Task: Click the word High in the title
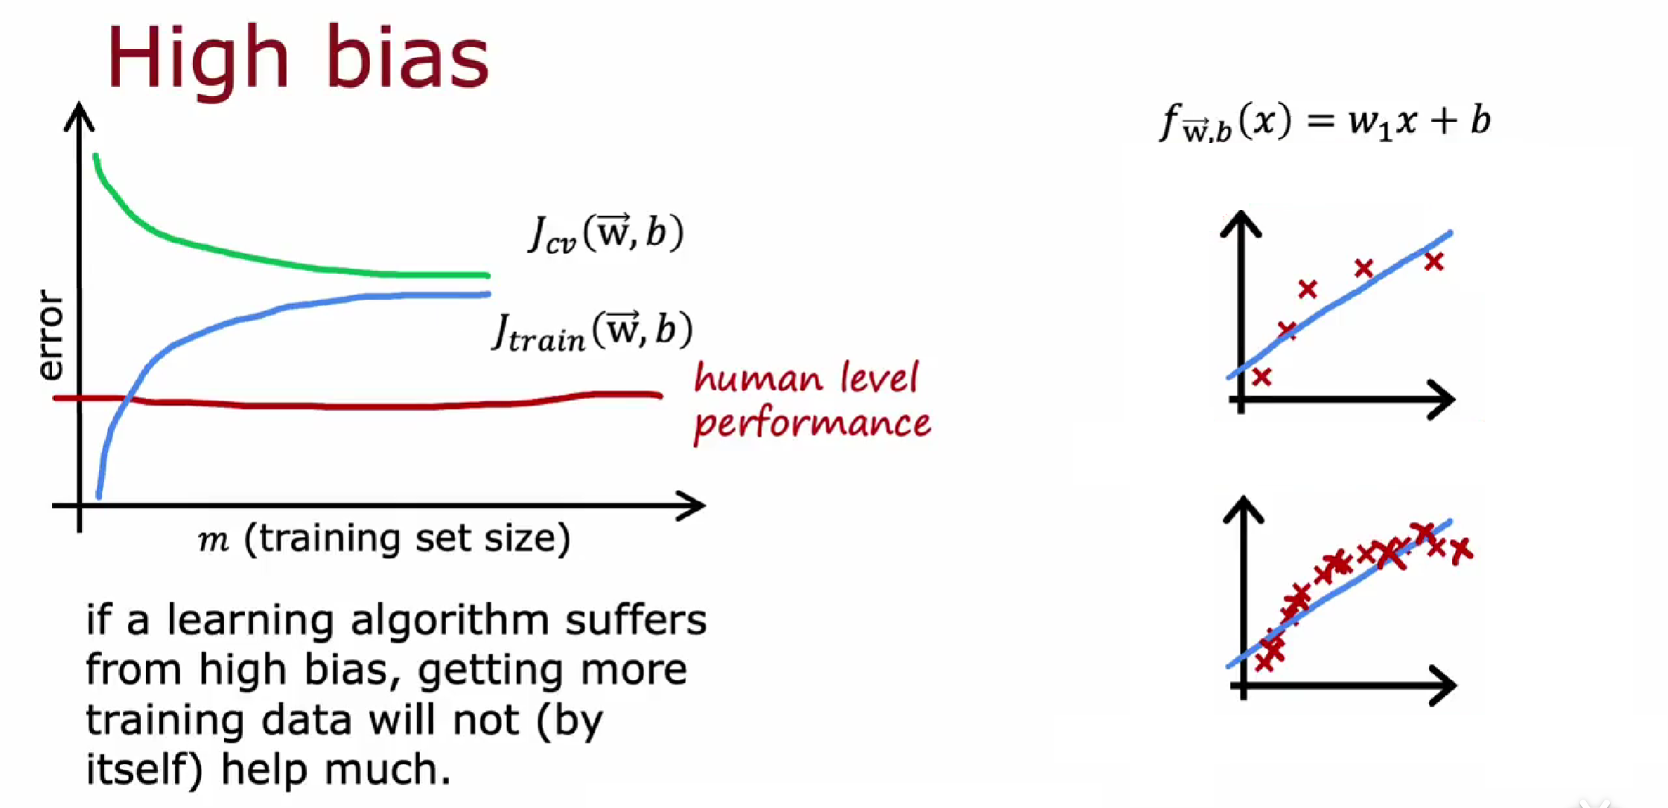[x=197, y=58]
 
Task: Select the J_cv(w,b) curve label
[x=605, y=233]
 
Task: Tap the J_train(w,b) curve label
[x=593, y=331]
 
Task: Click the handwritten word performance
[x=812, y=423]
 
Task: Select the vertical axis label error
[x=50, y=335]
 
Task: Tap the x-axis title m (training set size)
[x=384, y=538]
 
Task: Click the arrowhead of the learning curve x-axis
[x=693, y=506]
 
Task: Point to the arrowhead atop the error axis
[x=79, y=115]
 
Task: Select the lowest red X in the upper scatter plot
[x=1261, y=377]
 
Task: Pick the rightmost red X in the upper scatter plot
[x=1434, y=261]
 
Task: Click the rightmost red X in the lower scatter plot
[x=1461, y=550]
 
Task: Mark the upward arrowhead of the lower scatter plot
[x=1244, y=509]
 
